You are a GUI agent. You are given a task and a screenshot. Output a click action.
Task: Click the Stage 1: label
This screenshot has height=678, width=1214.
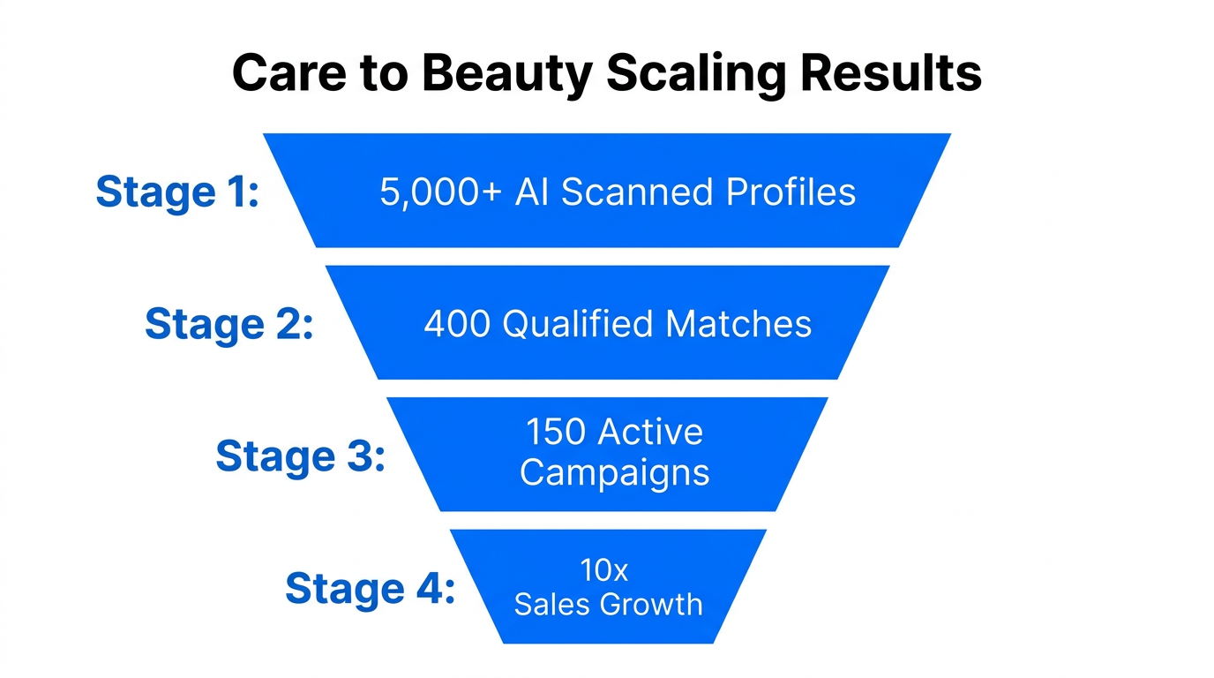[177, 192]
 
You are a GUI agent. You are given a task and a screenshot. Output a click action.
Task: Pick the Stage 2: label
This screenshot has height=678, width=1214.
[229, 324]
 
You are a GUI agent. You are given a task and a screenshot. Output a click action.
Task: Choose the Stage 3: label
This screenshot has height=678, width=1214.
[300, 456]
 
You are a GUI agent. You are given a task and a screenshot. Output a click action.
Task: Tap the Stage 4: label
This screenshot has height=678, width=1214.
[370, 589]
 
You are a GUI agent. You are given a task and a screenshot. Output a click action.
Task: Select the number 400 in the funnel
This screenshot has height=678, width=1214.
[457, 325]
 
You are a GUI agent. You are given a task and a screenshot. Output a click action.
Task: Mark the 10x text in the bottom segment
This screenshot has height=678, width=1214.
[603, 571]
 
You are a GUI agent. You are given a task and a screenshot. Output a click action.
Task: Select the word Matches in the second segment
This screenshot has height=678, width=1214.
[738, 325]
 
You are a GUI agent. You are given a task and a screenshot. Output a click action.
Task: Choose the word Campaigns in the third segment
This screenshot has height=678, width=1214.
[614, 473]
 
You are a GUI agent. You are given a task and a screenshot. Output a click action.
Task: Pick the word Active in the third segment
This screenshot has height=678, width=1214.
[651, 433]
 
